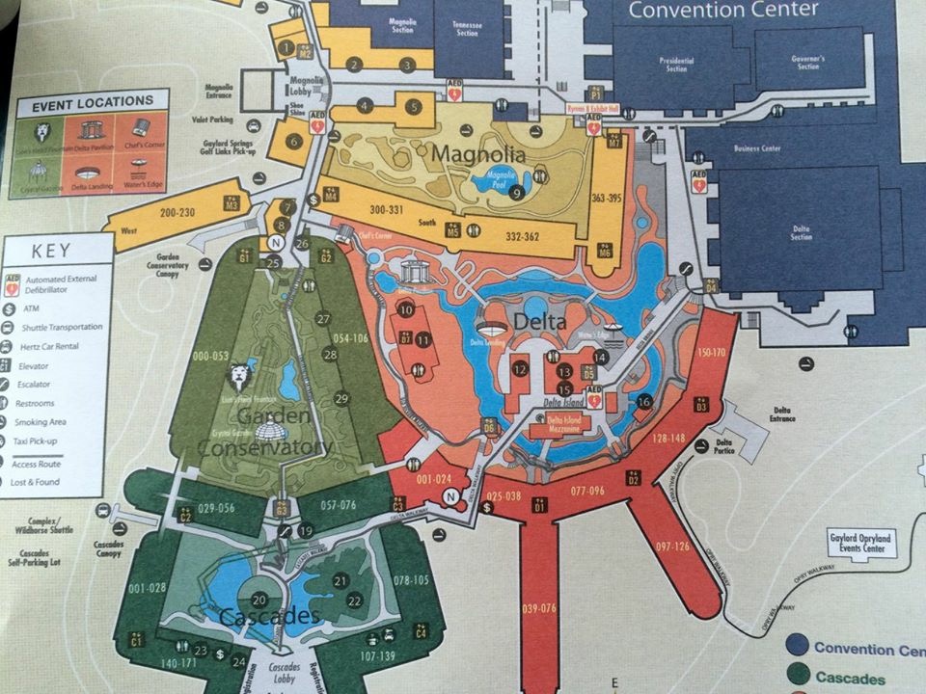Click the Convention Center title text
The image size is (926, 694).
(722, 11)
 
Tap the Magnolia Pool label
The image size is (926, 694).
(502, 175)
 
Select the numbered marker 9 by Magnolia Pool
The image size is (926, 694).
(517, 193)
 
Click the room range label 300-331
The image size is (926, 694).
(392, 208)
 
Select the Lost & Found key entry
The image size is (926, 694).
(36, 482)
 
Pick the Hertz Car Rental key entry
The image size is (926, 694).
(54, 346)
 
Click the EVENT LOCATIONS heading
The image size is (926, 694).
(92, 101)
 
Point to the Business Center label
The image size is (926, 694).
(756, 149)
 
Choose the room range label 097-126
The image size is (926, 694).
(672, 547)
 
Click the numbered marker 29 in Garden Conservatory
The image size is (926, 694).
(340, 398)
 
